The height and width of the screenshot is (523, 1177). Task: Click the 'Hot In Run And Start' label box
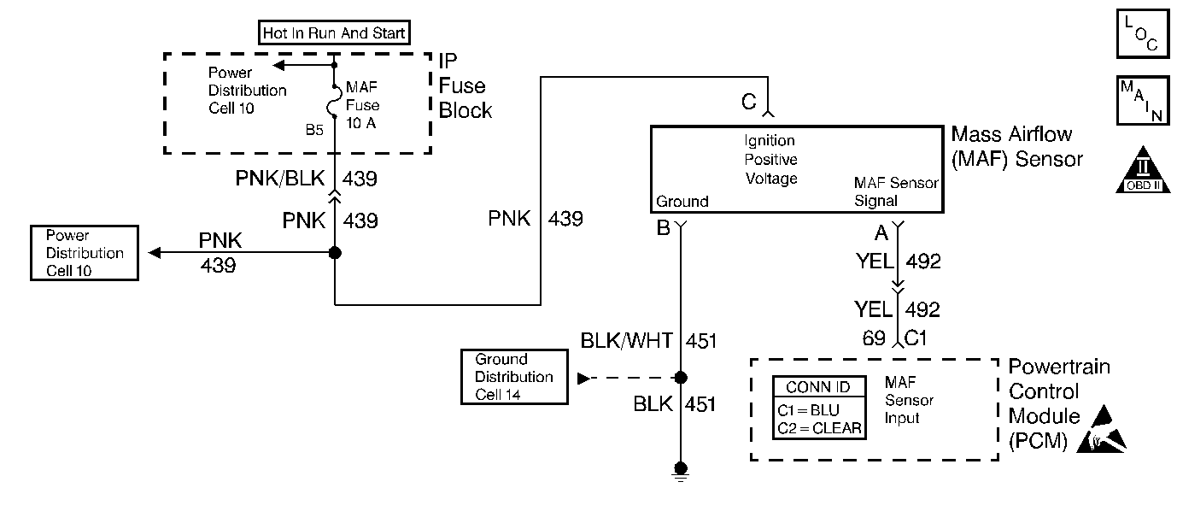(x=335, y=33)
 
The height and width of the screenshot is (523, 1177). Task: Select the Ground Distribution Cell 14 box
(x=514, y=377)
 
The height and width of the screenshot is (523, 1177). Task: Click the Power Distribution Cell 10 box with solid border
(x=84, y=253)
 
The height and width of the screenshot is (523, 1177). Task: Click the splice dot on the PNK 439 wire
(x=335, y=253)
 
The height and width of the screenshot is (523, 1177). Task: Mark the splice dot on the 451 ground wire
(x=681, y=377)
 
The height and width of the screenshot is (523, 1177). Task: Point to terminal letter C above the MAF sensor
(x=748, y=103)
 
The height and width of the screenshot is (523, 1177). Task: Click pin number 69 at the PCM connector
(x=873, y=338)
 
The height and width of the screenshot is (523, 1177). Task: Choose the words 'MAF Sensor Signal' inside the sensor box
(x=895, y=192)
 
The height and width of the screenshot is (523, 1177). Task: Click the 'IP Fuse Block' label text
(x=466, y=86)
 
